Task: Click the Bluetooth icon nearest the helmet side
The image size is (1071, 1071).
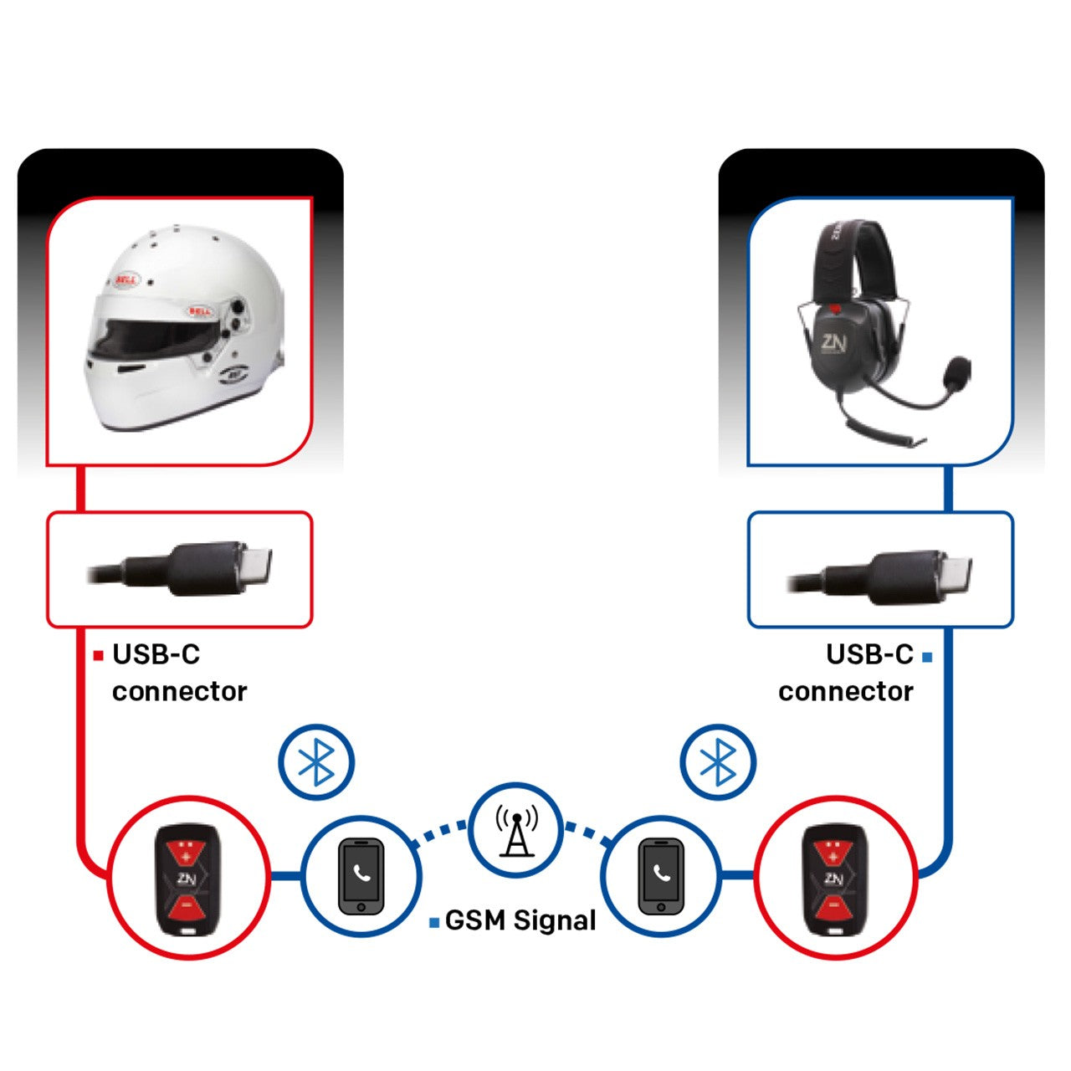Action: pyautogui.click(x=316, y=762)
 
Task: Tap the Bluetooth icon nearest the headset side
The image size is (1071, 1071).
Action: pyautogui.click(x=717, y=762)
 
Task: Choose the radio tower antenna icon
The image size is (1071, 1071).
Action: pyautogui.click(x=516, y=831)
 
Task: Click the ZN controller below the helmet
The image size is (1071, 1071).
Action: pyautogui.click(x=188, y=879)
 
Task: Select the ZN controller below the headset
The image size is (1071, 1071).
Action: pyautogui.click(x=834, y=879)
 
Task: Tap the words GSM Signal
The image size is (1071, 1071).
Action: pyautogui.click(x=520, y=920)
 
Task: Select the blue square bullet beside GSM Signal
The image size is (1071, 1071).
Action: pyautogui.click(x=434, y=923)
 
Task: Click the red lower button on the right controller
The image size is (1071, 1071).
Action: pyautogui.click(x=833, y=907)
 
